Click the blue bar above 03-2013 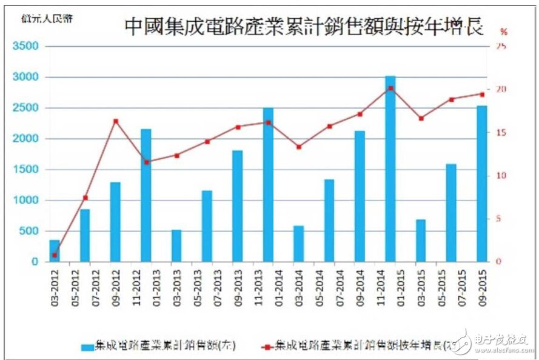coord(176,245)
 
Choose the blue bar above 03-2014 coord(298,244)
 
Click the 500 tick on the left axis coord(29,231)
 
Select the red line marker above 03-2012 coord(55,255)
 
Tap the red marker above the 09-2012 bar coord(116,121)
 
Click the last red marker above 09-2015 coord(482,94)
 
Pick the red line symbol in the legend coord(266,346)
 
